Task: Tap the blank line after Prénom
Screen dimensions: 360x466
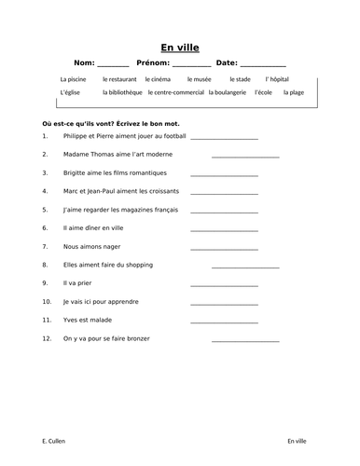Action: (x=192, y=65)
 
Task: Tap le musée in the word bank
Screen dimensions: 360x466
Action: (x=199, y=79)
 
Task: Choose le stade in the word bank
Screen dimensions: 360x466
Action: (x=241, y=79)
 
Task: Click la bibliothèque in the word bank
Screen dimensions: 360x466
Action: (x=118, y=93)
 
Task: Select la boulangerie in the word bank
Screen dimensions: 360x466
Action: (x=228, y=93)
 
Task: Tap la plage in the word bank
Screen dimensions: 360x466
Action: (x=294, y=93)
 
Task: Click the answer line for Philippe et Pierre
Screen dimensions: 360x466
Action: (x=224, y=139)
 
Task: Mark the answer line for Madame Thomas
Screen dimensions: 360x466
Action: (x=244, y=157)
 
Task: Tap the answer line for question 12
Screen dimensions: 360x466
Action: (x=244, y=340)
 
